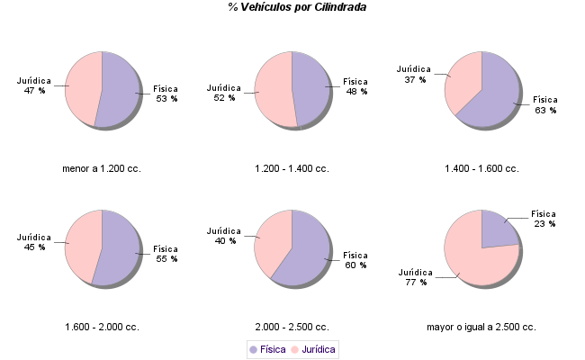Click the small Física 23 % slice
pyautogui.click(x=497, y=230)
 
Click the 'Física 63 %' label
pyautogui.click(x=545, y=105)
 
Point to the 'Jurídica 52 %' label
pyautogui.click(x=223, y=93)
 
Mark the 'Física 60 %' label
pyautogui.click(x=355, y=260)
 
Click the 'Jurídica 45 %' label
pyautogui.click(x=34, y=242)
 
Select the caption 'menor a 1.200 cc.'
pyautogui.click(x=102, y=168)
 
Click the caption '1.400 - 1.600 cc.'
pyautogui.click(x=481, y=168)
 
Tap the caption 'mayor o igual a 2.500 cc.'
pyautogui.click(x=481, y=327)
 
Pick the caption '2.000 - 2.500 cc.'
pyautogui.click(x=292, y=327)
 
